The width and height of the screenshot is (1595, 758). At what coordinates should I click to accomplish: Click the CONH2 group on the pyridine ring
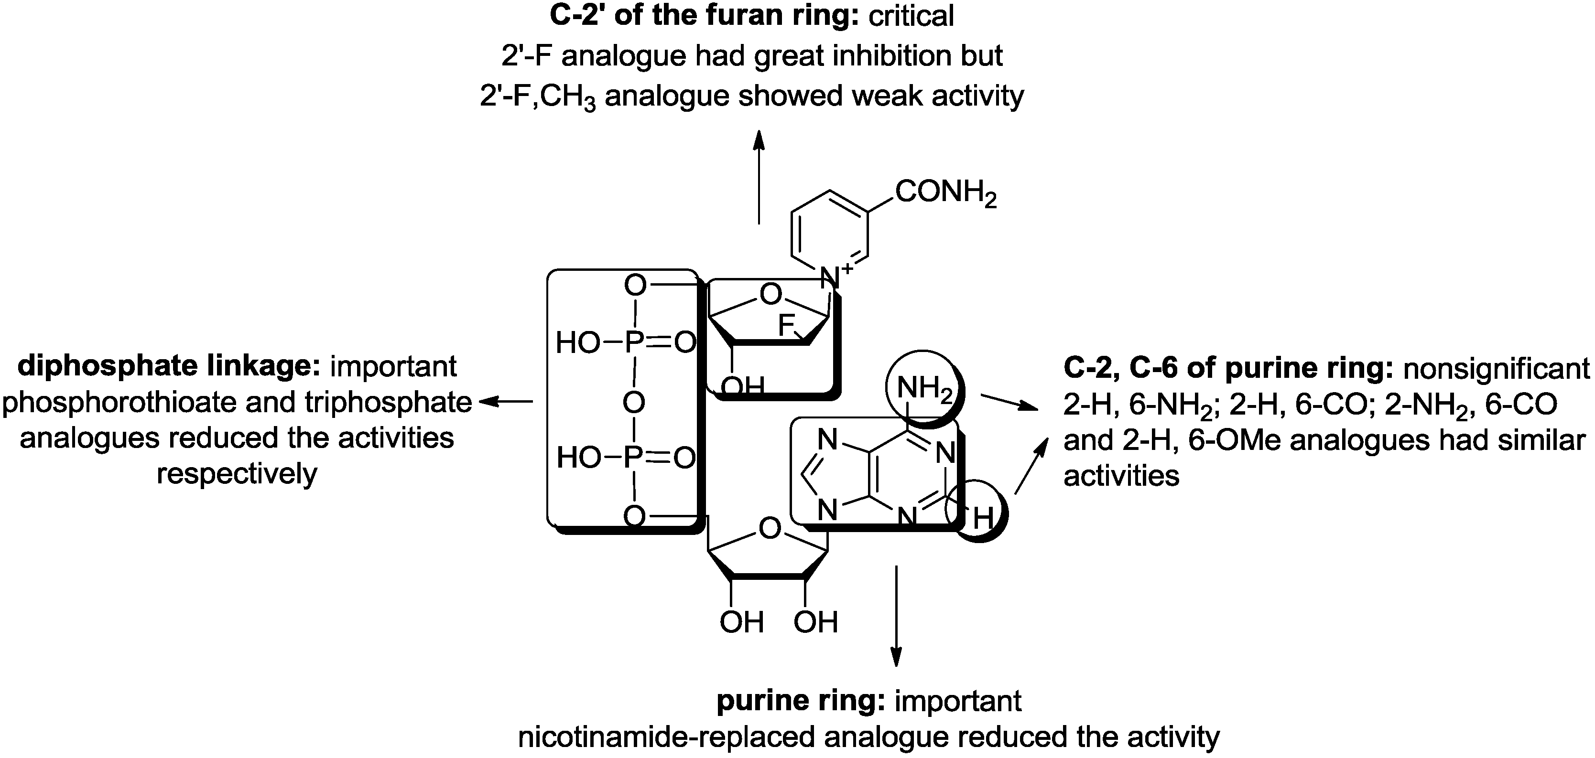pos(945,192)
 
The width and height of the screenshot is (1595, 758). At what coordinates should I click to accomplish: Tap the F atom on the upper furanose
pos(786,325)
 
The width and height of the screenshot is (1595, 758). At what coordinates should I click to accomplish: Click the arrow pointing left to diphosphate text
pos(507,402)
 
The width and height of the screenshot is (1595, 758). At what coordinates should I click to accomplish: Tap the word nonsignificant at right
pos(1496,369)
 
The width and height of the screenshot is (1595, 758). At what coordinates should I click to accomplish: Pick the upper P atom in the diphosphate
pos(632,342)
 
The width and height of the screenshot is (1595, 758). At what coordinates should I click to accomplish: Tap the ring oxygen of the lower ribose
pos(770,529)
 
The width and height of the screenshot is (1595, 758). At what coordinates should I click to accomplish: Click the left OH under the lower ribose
pos(741,622)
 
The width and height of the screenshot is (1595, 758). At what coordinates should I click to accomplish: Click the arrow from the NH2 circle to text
pos(1009,402)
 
